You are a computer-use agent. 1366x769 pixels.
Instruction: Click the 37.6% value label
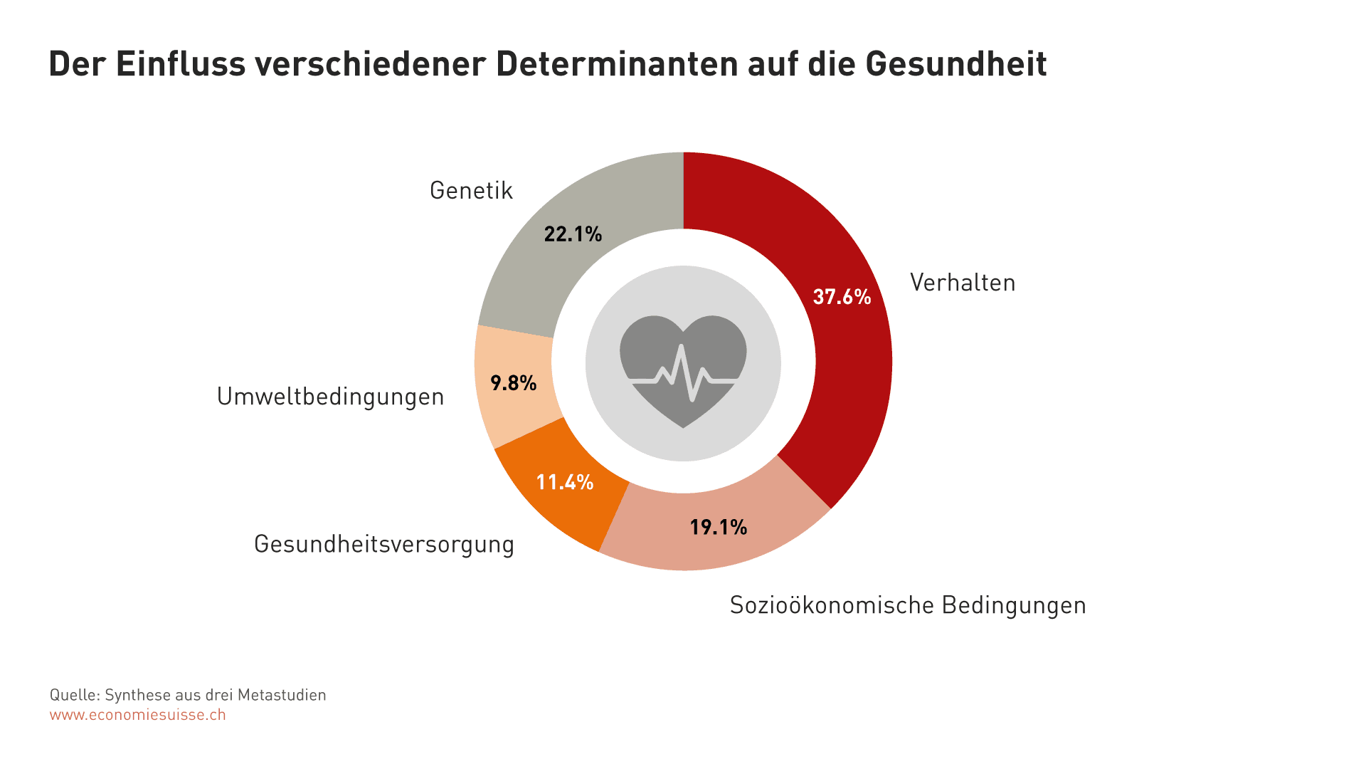click(x=842, y=297)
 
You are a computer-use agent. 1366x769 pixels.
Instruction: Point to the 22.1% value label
click(x=573, y=234)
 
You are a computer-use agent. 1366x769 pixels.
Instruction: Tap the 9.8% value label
click(x=513, y=384)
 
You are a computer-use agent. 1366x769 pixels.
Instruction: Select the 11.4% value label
click(x=564, y=483)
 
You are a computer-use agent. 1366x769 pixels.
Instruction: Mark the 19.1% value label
click(x=718, y=528)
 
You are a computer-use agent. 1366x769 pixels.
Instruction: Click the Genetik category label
click(x=471, y=191)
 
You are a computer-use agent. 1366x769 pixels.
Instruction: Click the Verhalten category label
click(x=962, y=283)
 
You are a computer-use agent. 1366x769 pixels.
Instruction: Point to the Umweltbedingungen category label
click(x=330, y=397)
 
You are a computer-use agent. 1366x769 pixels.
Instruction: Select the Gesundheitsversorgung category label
click(x=383, y=544)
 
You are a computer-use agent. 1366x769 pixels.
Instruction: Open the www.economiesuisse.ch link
click(x=137, y=715)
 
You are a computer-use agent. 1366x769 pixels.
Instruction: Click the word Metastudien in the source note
click(x=282, y=695)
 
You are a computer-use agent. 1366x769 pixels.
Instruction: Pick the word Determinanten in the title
click(x=617, y=64)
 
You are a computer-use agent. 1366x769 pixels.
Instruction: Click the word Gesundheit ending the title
click(x=955, y=64)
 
